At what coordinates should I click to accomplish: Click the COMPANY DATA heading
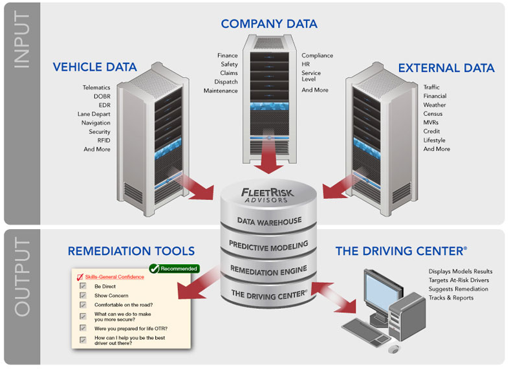[x=269, y=24]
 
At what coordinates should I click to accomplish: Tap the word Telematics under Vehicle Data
[x=96, y=87]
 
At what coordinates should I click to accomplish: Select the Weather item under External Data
[x=435, y=105]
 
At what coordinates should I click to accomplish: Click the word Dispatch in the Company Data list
[x=226, y=82]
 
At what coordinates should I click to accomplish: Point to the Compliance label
[x=317, y=56]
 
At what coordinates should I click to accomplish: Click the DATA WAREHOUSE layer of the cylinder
[x=269, y=221]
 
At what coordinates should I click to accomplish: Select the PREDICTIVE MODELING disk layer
[x=269, y=245]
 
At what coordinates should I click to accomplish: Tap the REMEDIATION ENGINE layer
[x=269, y=269]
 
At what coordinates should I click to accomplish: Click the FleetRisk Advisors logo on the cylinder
[x=268, y=194]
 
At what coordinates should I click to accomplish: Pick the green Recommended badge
[x=175, y=268]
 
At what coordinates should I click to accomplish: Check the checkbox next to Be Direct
[x=83, y=285]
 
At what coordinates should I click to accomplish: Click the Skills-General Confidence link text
[x=114, y=277]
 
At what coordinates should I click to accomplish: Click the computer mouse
[x=393, y=349]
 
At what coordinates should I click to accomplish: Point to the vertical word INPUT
[x=21, y=41]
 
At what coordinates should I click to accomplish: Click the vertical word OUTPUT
[x=21, y=278]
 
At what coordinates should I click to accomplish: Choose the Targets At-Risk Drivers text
[x=459, y=280]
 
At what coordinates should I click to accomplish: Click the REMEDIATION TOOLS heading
[x=131, y=251]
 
